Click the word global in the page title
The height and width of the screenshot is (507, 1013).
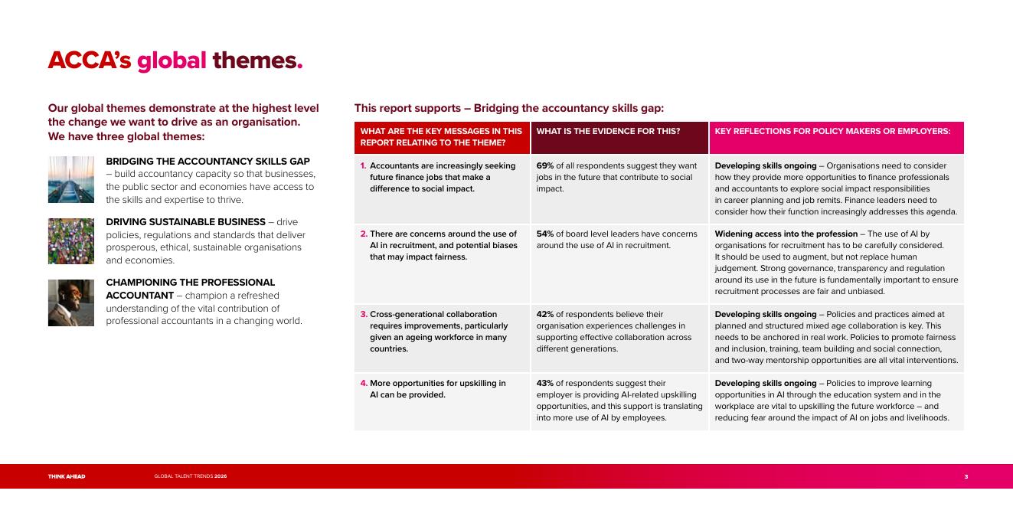172,61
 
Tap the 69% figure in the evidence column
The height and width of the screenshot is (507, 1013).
545,166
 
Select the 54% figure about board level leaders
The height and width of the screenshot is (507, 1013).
545,234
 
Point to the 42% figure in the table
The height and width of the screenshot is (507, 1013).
545,314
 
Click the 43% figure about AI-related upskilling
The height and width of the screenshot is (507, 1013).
545,383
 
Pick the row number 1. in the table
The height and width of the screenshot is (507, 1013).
363,166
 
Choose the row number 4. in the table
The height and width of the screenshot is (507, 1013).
364,383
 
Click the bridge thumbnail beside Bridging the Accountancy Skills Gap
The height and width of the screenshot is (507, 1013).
71,179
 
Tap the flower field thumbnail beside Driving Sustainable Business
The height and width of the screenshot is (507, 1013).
71,241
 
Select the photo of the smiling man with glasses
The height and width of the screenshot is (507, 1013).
71,303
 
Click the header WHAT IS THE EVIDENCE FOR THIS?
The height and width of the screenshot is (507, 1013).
608,131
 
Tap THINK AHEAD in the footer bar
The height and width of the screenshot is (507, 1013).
67,476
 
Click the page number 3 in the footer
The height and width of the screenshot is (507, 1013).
966,476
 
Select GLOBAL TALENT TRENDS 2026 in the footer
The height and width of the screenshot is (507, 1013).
191,476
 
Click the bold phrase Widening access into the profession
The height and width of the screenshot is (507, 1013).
786,234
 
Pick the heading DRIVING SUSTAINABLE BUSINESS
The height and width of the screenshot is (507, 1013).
185,222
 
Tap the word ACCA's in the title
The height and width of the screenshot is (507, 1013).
90,61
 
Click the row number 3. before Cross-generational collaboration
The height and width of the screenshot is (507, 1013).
364,314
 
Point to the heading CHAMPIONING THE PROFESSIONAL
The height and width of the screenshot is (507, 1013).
191,283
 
